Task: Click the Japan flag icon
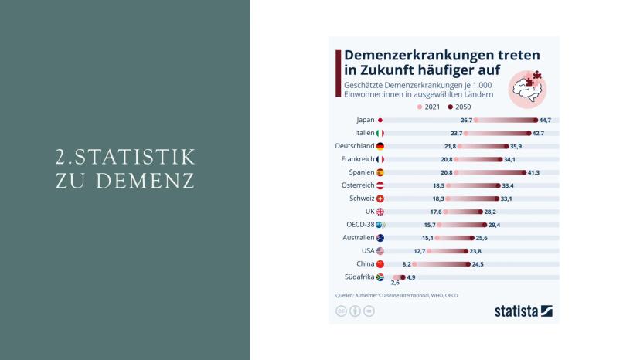[380, 120]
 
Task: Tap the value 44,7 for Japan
[545, 121]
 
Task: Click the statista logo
[523, 311]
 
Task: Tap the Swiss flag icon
[380, 199]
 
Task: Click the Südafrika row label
[358, 277]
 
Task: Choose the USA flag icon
[380, 251]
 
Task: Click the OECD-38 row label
[359, 225]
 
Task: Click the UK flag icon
[380, 212]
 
